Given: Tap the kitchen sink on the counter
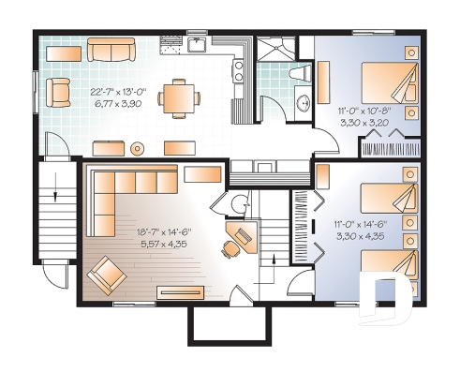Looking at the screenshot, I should pos(198,44).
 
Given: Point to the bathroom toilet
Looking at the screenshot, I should pos(300,73).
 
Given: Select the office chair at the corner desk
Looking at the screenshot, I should pos(230,248).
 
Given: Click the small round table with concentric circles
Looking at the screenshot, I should pos(138,147).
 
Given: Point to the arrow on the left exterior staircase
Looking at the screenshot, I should pos(57,196).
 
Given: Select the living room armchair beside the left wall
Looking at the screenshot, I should pos(59,90).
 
